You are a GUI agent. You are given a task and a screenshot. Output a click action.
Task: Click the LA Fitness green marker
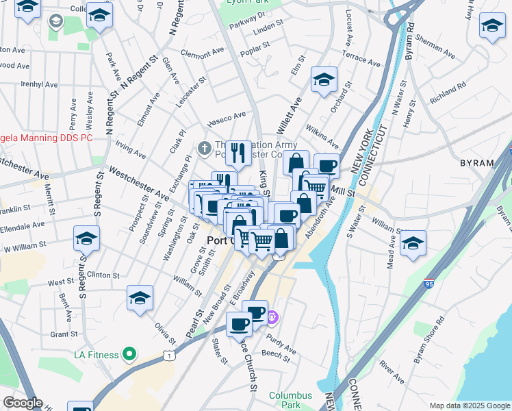pyautogui.click(x=129, y=354)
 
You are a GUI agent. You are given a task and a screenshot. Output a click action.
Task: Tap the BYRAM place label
pyautogui.click(x=477, y=163)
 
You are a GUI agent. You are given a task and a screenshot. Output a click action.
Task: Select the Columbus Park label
pyautogui.click(x=290, y=400)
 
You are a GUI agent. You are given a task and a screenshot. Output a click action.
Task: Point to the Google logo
pyautogui.click(x=23, y=403)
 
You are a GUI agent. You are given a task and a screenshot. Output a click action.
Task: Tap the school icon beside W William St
pyautogui.click(x=87, y=238)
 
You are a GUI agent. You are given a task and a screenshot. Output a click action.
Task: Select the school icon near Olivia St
pyautogui.click(x=140, y=297)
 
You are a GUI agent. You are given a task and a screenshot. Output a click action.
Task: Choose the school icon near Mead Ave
pyautogui.click(x=413, y=242)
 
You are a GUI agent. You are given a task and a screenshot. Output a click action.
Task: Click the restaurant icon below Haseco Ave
pyautogui.click(x=238, y=153)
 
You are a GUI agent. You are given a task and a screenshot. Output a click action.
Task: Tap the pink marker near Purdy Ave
pyautogui.click(x=272, y=316)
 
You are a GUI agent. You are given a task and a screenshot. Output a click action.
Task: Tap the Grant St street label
pyautogui.click(x=64, y=334)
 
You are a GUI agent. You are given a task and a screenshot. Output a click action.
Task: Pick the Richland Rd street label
pyautogui.click(x=448, y=94)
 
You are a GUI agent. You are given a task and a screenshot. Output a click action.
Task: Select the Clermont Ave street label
pyautogui.click(x=202, y=52)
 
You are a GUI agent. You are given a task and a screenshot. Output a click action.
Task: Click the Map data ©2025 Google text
pyautogui.click(x=469, y=406)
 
